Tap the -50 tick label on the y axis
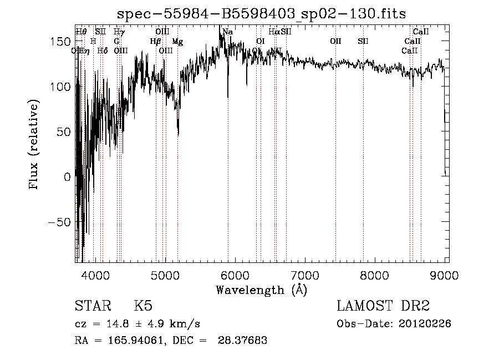pos(59,222)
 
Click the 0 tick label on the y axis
pos(67,177)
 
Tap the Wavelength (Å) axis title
pos(261,290)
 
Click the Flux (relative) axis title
pos(34,145)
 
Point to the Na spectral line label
pos(227,32)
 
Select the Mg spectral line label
pos(177,42)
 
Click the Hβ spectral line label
pos(155,42)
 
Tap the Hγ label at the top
pos(119,32)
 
